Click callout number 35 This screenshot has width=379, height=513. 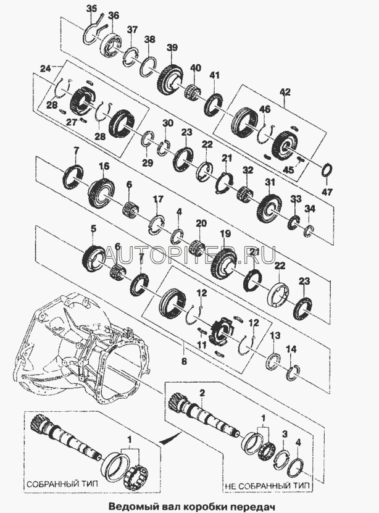coord(91,8)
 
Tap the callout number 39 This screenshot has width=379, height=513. coord(172,48)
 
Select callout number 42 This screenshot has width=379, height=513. coord(284,92)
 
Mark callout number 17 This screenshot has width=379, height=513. coord(159,199)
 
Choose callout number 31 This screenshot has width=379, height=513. coord(269,183)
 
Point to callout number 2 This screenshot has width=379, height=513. coord(202,393)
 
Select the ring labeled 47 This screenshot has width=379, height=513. coord(327,169)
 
